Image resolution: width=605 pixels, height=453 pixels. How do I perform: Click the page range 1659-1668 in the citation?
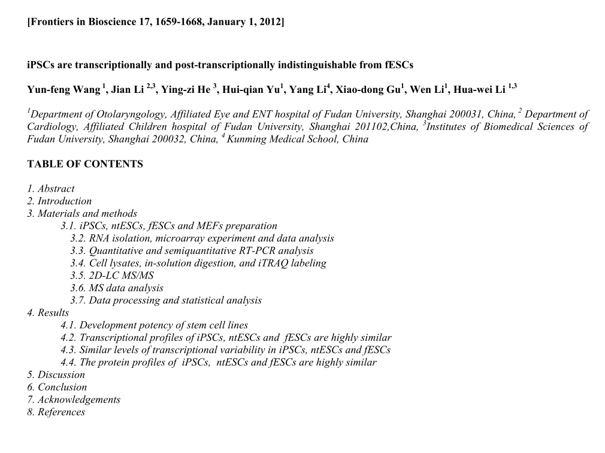tap(178, 22)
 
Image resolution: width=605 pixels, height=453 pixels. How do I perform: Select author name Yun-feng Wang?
tap(63, 90)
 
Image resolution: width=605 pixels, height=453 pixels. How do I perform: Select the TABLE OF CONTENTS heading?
tap(85, 164)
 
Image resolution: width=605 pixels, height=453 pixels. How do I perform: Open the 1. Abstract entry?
tap(51, 189)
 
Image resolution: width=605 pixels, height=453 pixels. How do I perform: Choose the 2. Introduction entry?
tap(59, 201)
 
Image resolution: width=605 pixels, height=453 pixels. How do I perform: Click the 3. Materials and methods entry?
tap(82, 214)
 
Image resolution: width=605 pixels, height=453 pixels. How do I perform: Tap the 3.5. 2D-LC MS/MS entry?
tap(111, 276)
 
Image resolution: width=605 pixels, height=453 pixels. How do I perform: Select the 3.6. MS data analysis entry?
tap(116, 288)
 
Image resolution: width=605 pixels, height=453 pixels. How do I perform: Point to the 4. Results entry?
tap(48, 313)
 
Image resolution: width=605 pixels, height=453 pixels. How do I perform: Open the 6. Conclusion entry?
tap(57, 387)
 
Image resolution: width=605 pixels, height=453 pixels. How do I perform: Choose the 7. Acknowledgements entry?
tap(74, 400)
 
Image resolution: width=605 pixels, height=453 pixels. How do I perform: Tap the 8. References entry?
tap(56, 412)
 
